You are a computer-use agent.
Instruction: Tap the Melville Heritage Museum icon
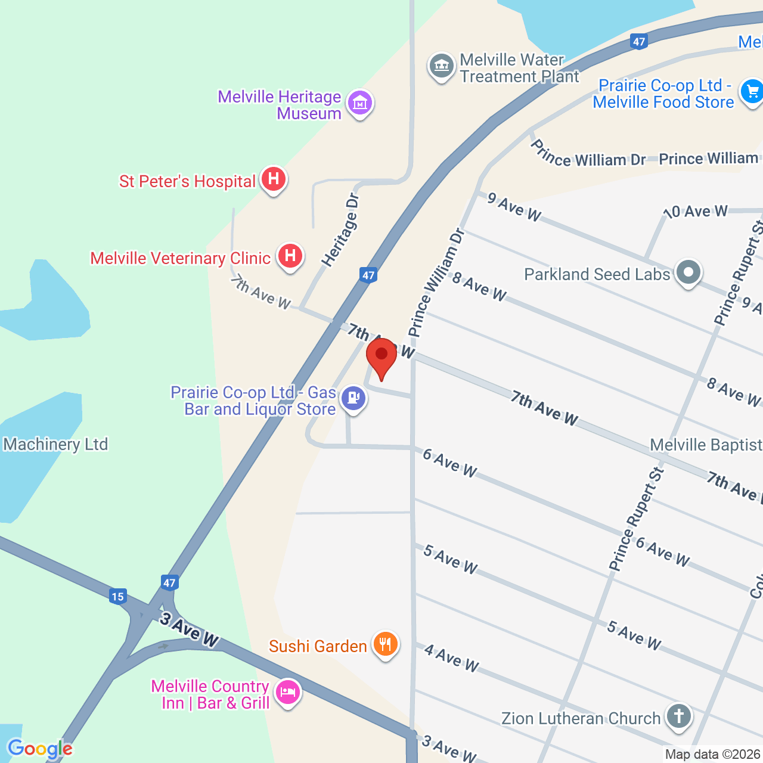[x=360, y=104]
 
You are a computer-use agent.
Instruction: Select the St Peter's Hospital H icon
[x=274, y=179]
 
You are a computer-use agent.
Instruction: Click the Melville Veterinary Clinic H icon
[x=290, y=256]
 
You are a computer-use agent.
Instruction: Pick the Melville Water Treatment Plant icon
[x=442, y=66]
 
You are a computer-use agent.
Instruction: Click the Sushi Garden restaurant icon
[x=386, y=644]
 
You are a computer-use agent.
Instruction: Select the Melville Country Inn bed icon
[x=288, y=693]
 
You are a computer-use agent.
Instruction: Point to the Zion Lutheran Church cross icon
[x=678, y=716]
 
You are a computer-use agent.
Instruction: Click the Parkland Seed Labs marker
[x=688, y=273]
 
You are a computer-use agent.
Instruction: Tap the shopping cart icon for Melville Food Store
[x=752, y=92]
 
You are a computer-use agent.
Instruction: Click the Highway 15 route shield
[x=117, y=596]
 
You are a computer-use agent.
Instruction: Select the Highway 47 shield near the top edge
[x=639, y=41]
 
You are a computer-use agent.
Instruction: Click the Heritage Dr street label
[x=341, y=230]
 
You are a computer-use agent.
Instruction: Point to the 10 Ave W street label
[x=696, y=212]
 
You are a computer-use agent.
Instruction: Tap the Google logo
[x=40, y=749]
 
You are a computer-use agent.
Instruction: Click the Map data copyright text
[x=713, y=755]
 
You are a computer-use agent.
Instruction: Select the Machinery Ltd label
[x=55, y=444]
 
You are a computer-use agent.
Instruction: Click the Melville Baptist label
[x=706, y=445]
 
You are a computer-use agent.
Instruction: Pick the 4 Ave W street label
[x=451, y=657]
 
